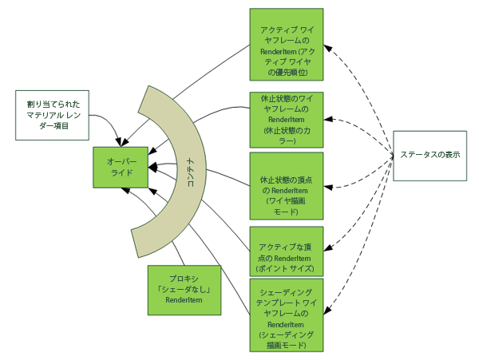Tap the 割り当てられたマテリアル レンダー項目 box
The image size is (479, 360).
tap(52, 115)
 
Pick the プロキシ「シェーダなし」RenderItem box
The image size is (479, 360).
tap(183, 289)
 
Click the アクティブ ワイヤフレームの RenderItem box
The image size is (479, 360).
tap(286, 45)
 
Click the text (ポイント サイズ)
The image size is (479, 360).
tap(286, 269)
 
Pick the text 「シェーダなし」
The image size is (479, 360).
tap(183, 288)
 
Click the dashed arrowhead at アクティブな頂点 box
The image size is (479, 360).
tap(327, 246)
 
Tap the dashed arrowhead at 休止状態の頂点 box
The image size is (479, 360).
tap(327, 188)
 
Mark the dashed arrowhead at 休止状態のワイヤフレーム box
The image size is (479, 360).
tap(327, 121)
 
